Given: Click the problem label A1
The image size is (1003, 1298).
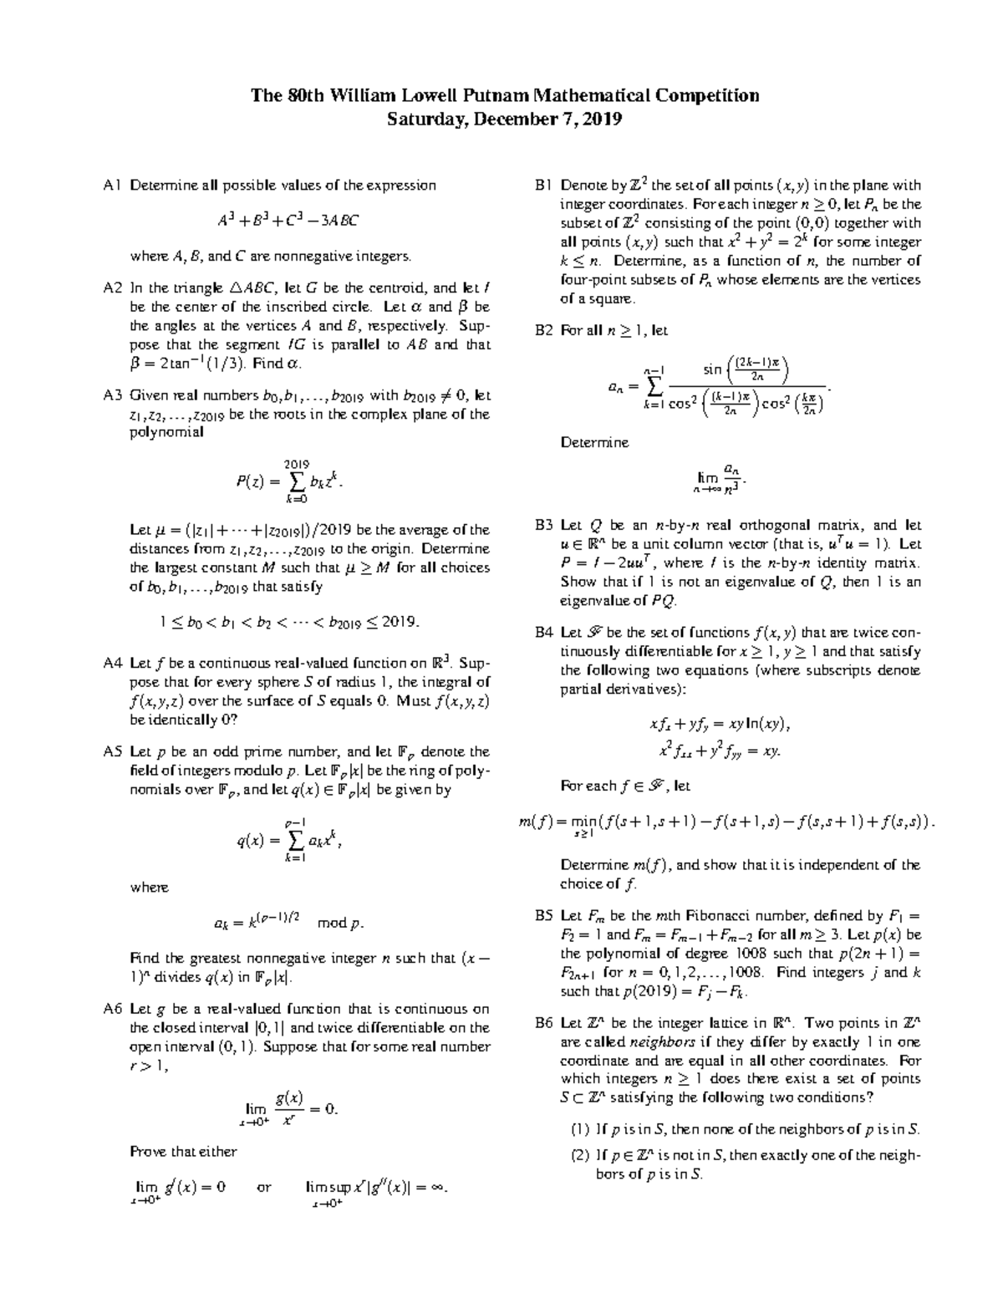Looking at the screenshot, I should pyautogui.click(x=112, y=186).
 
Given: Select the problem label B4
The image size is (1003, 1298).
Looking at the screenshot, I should pyautogui.click(x=544, y=633).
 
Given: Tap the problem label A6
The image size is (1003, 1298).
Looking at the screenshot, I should pyautogui.click(x=113, y=1009).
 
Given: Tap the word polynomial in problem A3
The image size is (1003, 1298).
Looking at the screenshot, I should pyautogui.click(x=166, y=433).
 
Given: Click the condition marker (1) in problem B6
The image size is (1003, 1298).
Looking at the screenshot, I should pyautogui.click(x=579, y=1130).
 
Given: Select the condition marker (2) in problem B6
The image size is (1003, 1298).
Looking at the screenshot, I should pyautogui.click(x=579, y=1156).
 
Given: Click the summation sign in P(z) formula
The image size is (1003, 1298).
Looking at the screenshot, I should pyautogui.click(x=297, y=481).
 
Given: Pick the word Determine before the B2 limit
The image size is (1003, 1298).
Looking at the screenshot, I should pyautogui.click(x=594, y=442).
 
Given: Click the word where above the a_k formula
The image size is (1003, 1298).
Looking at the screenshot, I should pyautogui.click(x=150, y=888).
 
